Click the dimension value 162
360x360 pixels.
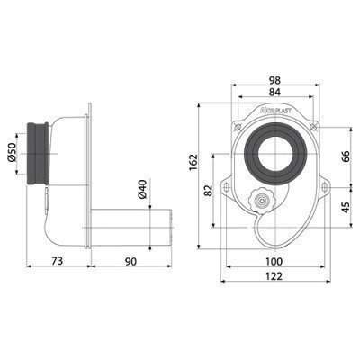click(193, 162)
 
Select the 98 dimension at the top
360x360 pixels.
click(274, 80)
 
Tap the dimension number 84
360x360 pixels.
click(274, 93)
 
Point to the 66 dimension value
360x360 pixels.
click(346, 157)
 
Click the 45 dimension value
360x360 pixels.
click(346, 207)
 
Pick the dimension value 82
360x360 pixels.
click(208, 190)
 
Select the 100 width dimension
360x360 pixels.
click(274, 262)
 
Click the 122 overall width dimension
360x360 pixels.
click(274, 276)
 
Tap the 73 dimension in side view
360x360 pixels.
click(57, 261)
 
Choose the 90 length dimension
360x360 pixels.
click(130, 261)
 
